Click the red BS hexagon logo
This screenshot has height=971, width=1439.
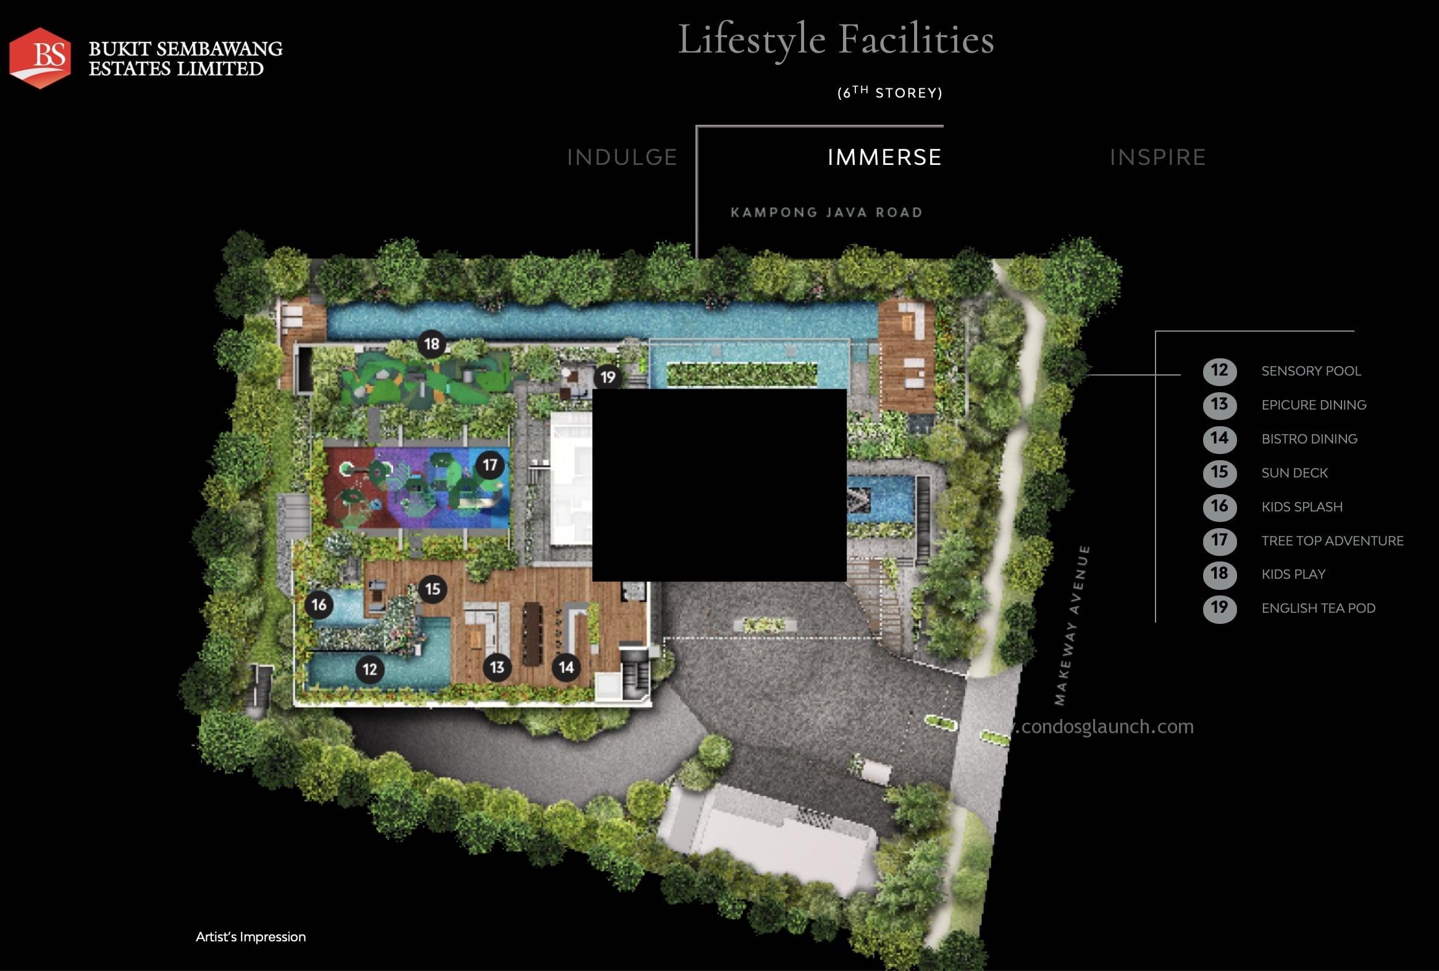point(40,57)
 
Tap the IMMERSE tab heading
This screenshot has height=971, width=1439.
point(884,158)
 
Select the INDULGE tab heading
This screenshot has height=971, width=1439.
point(622,158)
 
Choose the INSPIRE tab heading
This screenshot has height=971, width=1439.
point(1157,158)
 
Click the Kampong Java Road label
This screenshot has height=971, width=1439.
point(826,212)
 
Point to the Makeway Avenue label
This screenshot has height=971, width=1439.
point(1072,625)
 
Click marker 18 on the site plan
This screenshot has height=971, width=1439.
point(432,343)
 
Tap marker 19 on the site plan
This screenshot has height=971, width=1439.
point(608,377)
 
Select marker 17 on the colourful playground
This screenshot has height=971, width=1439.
point(490,464)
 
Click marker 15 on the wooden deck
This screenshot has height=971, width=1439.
point(433,588)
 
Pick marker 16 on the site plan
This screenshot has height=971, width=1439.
point(319,604)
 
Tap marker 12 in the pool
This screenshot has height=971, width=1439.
point(370,669)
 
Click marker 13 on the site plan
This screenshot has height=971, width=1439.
point(497,667)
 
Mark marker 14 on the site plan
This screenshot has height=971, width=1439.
point(566,667)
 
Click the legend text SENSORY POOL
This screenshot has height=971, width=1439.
point(1311,371)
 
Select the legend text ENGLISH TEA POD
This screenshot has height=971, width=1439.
point(1318,608)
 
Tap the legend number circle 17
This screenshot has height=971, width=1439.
point(1219,540)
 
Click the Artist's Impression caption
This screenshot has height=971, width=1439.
point(251,937)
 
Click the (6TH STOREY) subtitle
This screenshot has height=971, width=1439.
point(889,93)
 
